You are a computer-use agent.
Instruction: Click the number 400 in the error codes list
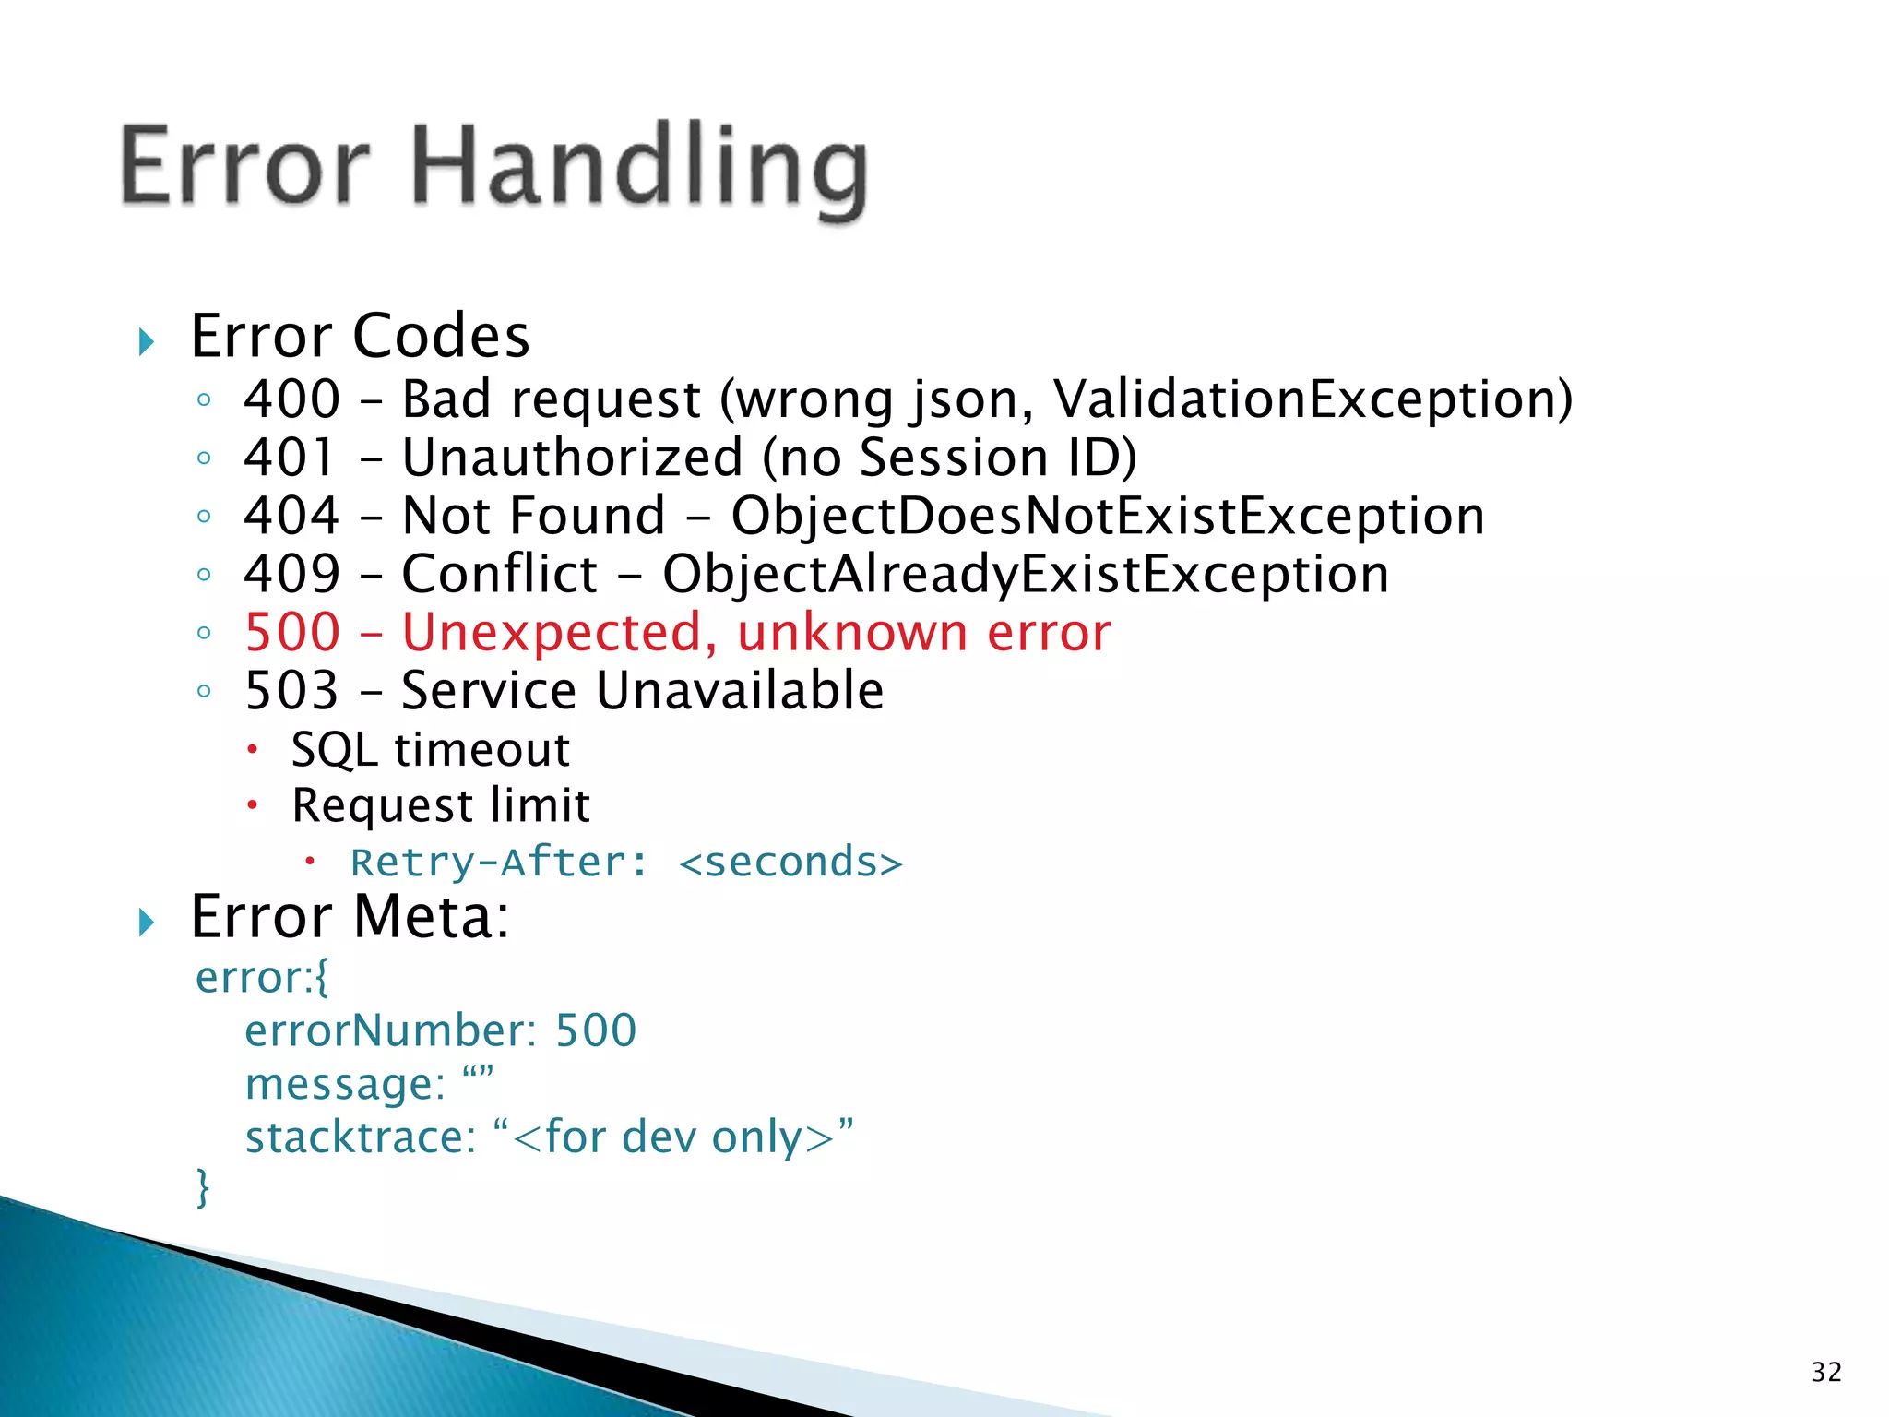(292, 399)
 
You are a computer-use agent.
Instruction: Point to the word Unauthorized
(573, 458)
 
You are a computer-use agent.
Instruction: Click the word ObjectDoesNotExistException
(1108, 516)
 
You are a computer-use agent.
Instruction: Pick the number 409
(292, 574)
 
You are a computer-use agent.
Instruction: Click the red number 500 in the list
(292, 633)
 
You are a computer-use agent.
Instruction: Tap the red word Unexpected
(559, 633)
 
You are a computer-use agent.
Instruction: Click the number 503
(292, 691)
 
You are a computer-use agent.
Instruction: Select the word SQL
(334, 749)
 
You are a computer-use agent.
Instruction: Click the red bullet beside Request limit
(252, 805)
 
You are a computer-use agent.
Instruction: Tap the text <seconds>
(790, 863)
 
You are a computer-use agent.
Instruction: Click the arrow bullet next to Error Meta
(146, 921)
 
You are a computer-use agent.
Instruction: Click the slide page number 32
(1826, 1372)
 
